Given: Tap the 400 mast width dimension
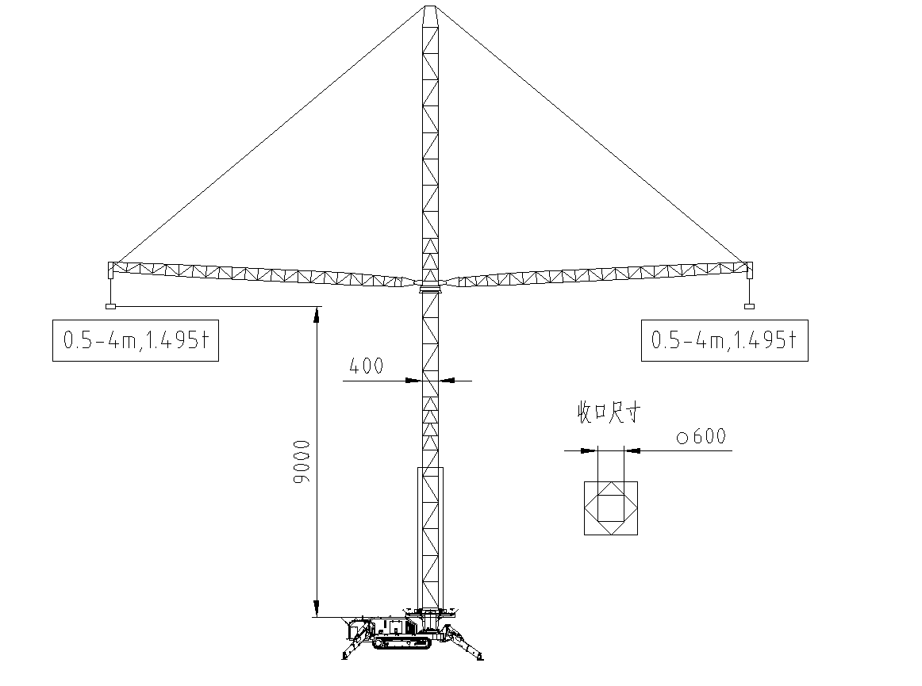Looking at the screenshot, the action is click(x=366, y=366).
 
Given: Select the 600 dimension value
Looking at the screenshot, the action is click(x=709, y=436).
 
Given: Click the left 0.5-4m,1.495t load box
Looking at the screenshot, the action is click(x=136, y=340).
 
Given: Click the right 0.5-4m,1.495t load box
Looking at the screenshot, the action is click(x=724, y=340).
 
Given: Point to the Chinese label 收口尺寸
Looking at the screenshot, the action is click(x=608, y=412).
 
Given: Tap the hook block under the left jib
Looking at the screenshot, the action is click(x=110, y=306).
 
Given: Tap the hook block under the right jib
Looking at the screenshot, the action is click(x=749, y=306).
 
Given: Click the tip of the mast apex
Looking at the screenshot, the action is click(x=430, y=6).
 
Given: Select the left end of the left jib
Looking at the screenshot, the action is click(x=110, y=270).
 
